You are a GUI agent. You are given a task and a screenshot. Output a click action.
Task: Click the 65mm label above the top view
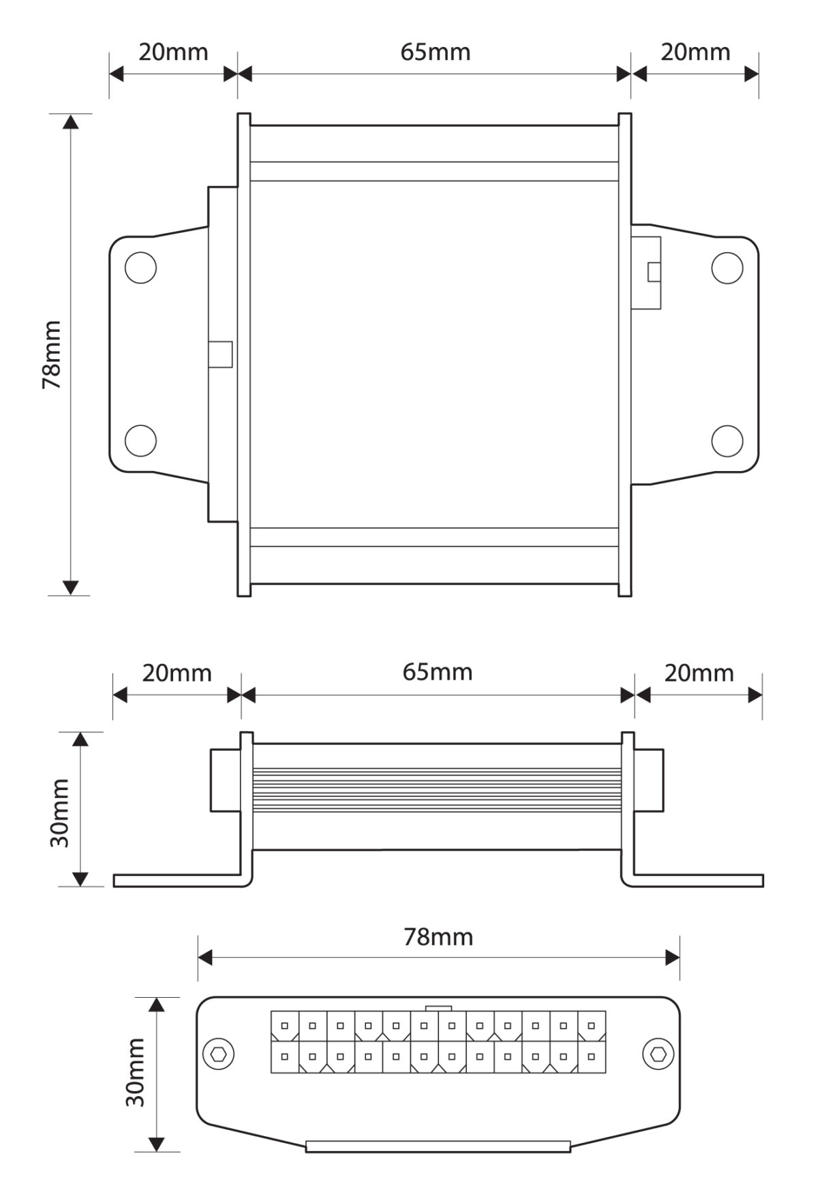click(435, 52)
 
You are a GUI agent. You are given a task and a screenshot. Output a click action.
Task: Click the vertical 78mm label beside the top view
click(52, 354)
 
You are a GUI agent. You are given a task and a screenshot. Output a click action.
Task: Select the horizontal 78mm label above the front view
click(438, 937)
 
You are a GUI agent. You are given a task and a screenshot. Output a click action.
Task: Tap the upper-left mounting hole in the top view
click(141, 268)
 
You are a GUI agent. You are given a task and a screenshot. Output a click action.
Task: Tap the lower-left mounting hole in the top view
click(141, 440)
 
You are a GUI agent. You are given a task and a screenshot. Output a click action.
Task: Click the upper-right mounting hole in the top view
click(727, 268)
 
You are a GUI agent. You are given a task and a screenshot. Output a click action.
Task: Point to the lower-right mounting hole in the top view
click(727, 440)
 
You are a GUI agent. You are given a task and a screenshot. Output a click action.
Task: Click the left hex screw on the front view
click(219, 1054)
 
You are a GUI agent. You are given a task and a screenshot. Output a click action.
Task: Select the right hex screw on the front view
click(658, 1054)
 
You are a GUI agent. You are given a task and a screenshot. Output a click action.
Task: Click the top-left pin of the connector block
click(285, 1026)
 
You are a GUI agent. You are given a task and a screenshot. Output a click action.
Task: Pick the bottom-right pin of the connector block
click(591, 1057)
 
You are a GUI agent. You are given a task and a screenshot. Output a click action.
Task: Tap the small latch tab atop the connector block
click(438, 1008)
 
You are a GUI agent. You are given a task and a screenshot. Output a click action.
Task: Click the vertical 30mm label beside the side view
click(60, 812)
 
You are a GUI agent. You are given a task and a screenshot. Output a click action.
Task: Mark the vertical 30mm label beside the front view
click(136, 1072)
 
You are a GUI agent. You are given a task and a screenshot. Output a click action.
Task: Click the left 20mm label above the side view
click(177, 673)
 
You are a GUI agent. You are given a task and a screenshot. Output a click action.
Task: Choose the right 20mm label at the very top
click(695, 52)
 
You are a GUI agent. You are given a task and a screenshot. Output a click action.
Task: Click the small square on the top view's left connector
click(220, 354)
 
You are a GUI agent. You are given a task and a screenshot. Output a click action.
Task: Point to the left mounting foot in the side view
click(177, 881)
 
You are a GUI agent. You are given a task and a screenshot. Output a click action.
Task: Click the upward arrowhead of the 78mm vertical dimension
click(70, 121)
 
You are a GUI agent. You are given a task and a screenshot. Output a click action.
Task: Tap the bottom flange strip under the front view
click(438, 1146)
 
